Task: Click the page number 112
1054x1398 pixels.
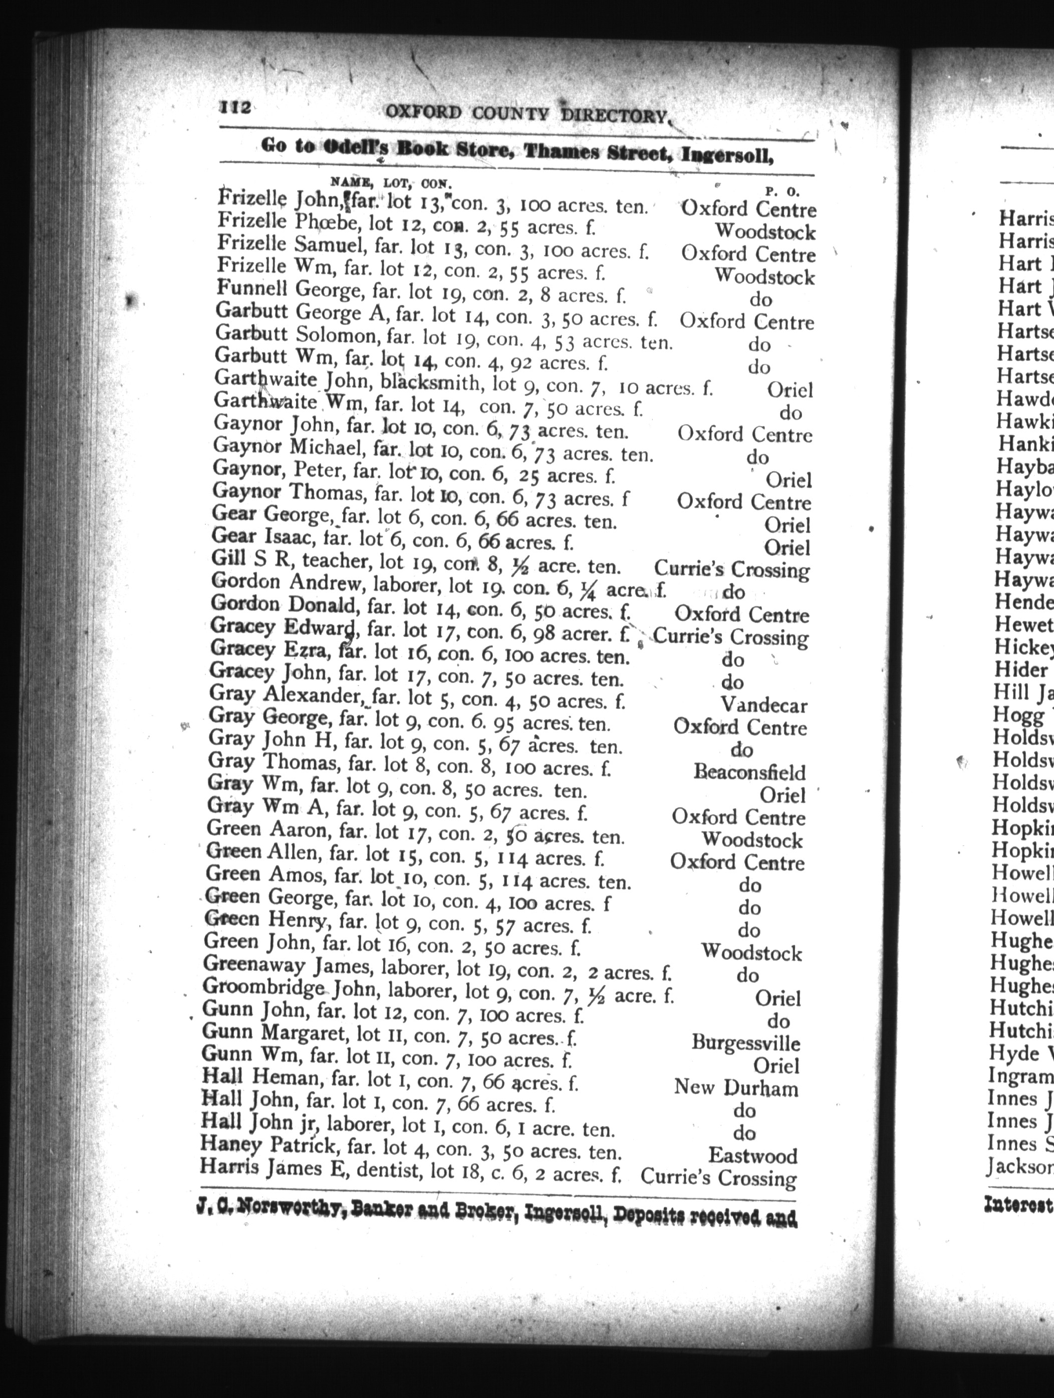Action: pos(235,108)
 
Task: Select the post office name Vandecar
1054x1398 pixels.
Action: pos(764,704)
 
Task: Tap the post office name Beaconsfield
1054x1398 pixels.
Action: pos(749,772)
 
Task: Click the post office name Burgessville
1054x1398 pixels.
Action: pos(745,1043)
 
